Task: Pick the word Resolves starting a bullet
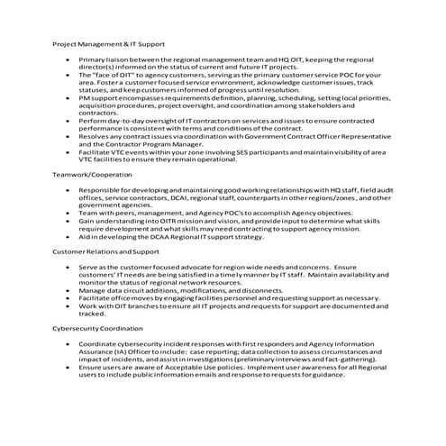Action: [x=94, y=135]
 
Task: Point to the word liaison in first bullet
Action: [x=116, y=58]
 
